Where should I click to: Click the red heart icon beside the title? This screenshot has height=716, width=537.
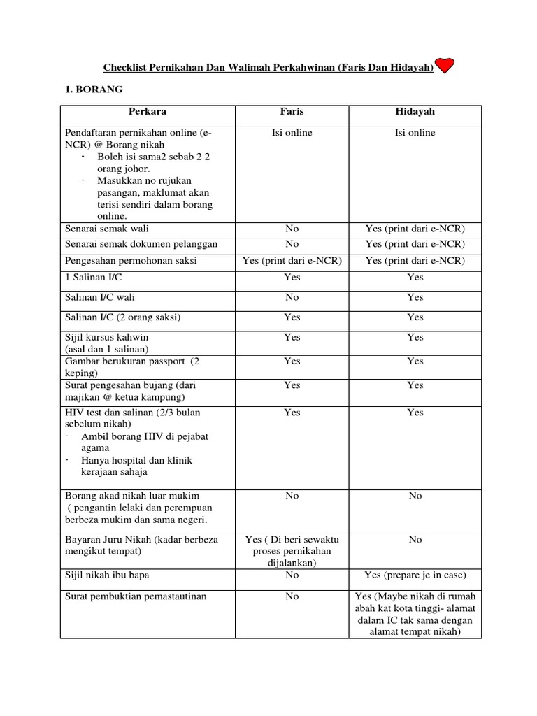[x=445, y=66]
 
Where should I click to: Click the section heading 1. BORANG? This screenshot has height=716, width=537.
[x=94, y=90]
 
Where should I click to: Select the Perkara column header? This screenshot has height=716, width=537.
[x=147, y=111]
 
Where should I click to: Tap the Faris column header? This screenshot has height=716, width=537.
[x=292, y=111]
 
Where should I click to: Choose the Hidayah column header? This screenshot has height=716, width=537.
[x=415, y=111]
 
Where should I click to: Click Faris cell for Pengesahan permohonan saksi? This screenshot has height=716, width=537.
[x=292, y=260]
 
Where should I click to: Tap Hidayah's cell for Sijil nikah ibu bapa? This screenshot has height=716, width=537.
[x=415, y=575]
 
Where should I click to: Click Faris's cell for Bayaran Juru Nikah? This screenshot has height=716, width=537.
[x=292, y=551]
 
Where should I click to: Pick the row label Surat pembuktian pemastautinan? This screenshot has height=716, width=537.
[x=136, y=596]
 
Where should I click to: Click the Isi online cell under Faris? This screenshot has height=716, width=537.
[x=292, y=133]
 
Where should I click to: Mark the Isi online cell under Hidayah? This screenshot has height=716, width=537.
[x=415, y=133]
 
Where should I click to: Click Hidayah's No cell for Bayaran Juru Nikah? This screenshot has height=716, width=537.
[x=415, y=540]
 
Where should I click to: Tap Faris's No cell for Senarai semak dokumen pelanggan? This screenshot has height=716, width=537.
[x=292, y=244]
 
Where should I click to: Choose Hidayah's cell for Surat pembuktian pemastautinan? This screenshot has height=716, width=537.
[x=415, y=614]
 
